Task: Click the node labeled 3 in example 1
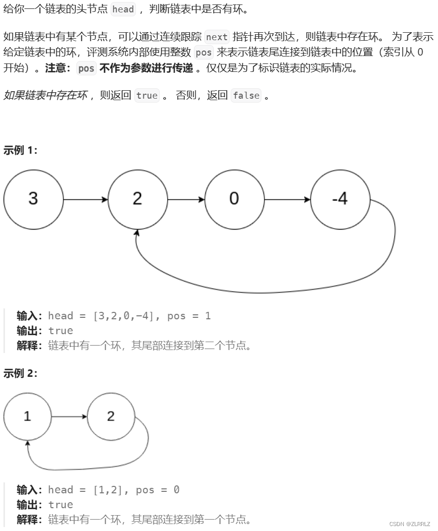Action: tap(33, 199)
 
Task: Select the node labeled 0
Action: tap(234, 199)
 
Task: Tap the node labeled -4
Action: tap(340, 199)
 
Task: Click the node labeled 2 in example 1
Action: tap(137, 199)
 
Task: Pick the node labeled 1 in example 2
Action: tap(27, 416)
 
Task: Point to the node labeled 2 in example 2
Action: tap(111, 416)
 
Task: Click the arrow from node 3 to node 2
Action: tap(85, 200)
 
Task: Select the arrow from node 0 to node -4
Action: tap(287, 200)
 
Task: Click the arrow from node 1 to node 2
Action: tap(69, 416)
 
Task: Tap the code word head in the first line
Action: tap(123, 9)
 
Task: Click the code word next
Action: tap(216, 37)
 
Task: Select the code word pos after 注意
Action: tap(86, 68)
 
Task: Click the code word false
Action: tap(246, 96)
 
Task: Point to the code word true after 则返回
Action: tap(147, 96)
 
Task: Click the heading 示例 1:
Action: tap(20, 150)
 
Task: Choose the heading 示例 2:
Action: tap(20, 373)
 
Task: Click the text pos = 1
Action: tap(189, 316)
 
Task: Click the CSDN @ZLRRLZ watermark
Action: tap(410, 524)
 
